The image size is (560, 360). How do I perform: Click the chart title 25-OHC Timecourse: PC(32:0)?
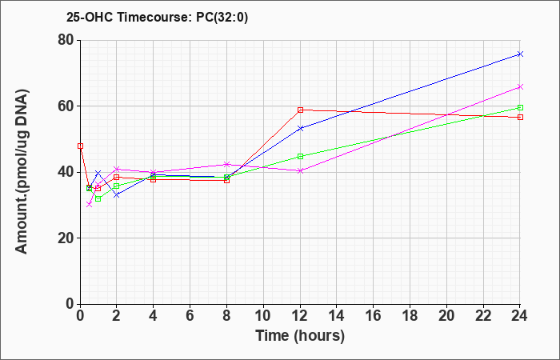pos(157,18)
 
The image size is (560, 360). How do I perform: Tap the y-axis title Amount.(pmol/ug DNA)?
pos(22,172)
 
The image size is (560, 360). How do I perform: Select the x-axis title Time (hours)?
pos(300,336)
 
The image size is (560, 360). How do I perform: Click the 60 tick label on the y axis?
pos(66,106)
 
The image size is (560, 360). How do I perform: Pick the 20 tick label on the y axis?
pos(66,238)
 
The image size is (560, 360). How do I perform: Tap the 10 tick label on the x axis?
pos(263,316)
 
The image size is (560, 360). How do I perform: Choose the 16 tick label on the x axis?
pos(374,316)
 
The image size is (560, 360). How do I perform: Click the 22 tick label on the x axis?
pos(483,316)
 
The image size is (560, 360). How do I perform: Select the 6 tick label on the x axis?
pos(190,316)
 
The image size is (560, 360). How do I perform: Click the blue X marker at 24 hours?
pos(520,54)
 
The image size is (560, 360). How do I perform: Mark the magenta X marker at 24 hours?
pos(520,86)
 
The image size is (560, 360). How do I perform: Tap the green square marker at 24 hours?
pos(520,107)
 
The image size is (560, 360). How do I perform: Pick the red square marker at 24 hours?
pos(520,117)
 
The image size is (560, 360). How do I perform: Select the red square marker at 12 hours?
pos(300,110)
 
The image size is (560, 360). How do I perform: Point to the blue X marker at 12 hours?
pos(300,128)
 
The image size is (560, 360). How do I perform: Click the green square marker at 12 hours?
pos(300,157)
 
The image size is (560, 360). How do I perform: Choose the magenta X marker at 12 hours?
pos(300,170)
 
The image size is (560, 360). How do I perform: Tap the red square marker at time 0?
pos(80,146)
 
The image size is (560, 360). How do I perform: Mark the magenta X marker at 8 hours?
pos(226,164)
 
